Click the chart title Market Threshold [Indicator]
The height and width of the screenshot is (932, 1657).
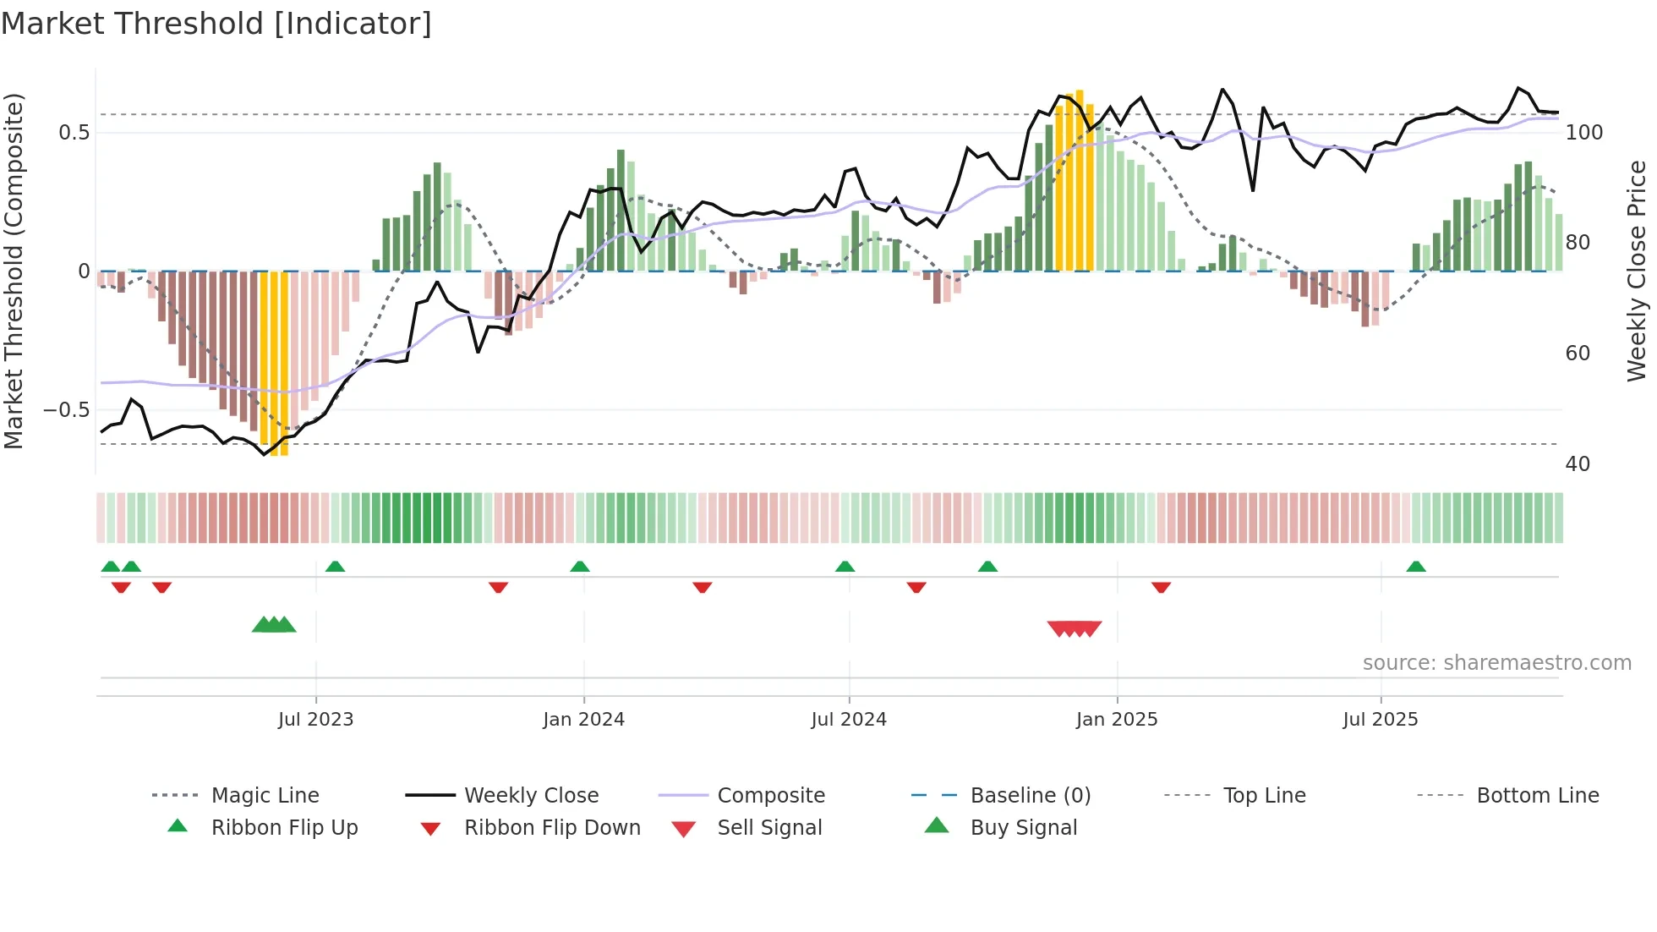pyautogui.click(x=216, y=24)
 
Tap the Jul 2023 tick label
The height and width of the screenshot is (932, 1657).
pyautogui.click(x=315, y=720)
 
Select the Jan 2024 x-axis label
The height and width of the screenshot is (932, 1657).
pyautogui.click(x=583, y=720)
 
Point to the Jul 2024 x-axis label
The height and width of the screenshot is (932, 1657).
pyautogui.click(x=849, y=720)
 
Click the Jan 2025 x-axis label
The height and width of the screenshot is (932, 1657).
pyautogui.click(x=1117, y=720)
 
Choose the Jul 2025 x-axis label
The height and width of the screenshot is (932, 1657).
pyautogui.click(x=1381, y=720)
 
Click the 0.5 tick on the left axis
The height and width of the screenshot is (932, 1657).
pyautogui.click(x=74, y=133)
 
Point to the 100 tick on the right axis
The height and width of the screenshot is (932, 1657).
pyautogui.click(x=1584, y=133)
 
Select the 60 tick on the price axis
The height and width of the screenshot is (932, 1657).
pyautogui.click(x=1578, y=354)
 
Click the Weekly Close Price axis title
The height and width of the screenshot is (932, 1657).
pyautogui.click(x=1637, y=271)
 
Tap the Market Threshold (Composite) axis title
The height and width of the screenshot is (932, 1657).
pyautogui.click(x=14, y=271)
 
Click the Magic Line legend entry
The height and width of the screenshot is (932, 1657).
pyautogui.click(x=265, y=796)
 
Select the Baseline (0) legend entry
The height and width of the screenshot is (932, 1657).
pyautogui.click(x=1030, y=796)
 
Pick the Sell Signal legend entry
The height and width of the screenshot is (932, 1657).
pyautogui.click(x=768, y=828)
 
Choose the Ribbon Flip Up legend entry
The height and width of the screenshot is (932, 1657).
pyautogui.click(x=284, y=828)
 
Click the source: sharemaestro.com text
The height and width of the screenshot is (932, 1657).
pyautogui.click(x=1496, y=663)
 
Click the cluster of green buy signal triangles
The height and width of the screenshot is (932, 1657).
pyautogui.click(x=274, y=625)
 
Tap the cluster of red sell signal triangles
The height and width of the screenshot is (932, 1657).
pyautogui.click(x=1075, y=628)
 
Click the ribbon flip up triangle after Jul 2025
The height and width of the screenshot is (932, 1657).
pyautogui.click(x=1416, y=567)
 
